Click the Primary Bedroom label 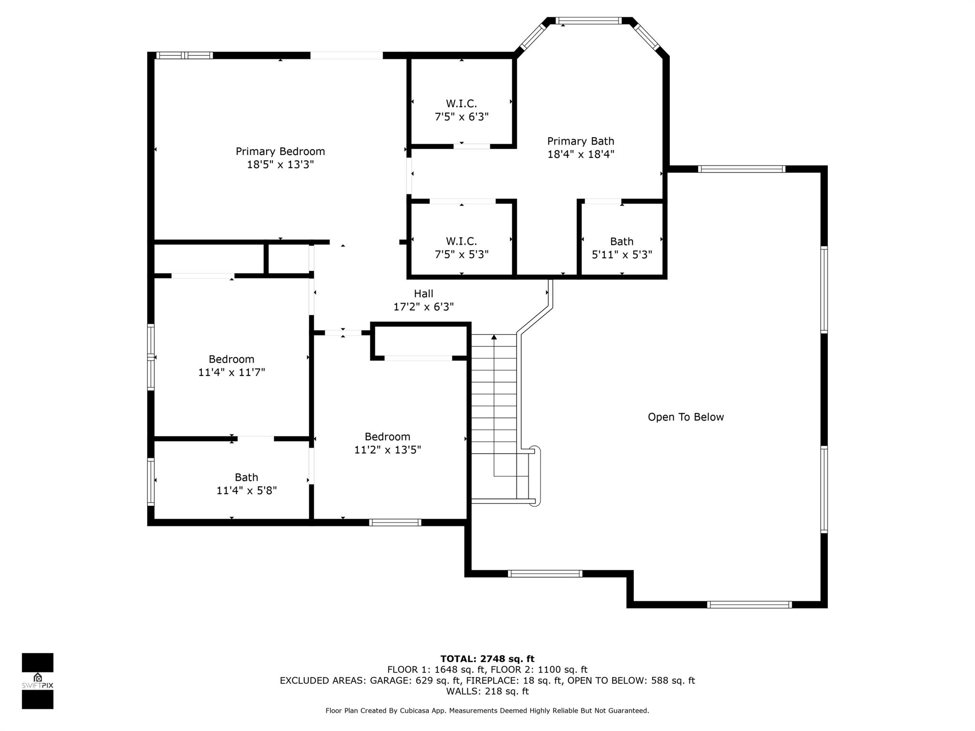pyautogui.click(x=280, y=151)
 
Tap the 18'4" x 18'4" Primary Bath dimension pyautogui.click(x=580, y=154)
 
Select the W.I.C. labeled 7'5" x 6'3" pyautogui.click(x=461, y=110)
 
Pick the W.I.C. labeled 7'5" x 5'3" pyautogui.click(x=461, y=247)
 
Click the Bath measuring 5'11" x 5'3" pyautogui.click(x=622, y=248)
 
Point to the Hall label pyautogui.click(x=423, y=294)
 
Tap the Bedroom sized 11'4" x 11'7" pyautogui.click(x=231, y=365)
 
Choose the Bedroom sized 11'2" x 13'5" pyautogui.click(x=388, y=443)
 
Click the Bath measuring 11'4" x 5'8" pyautogui.click(x=246, y=484)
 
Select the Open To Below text pyautogui.click(x=686, y=417)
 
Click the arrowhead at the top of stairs pyautogui.click(x=494, y=337)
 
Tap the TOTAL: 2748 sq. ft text pyautogui.click(x=487, y=659)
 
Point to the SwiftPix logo pyautogui.click(x=38, y=681)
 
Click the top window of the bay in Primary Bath pyautogui.click(x=589, y=20)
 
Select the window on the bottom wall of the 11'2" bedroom pyautogui.click(x=395, y=523)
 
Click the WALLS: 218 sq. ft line pyautogui.click(x=487, y=691)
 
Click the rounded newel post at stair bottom pyautogui.click(x=536, y=476)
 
